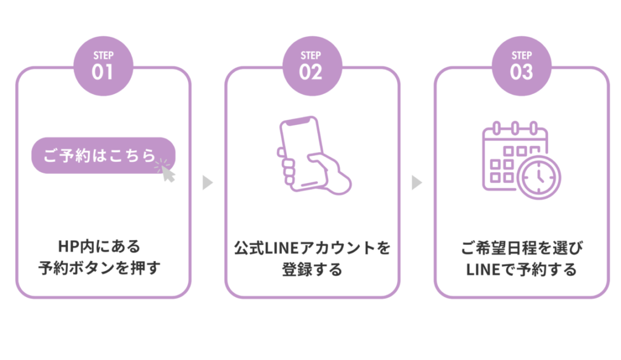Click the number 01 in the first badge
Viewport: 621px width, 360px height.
click(102, 73)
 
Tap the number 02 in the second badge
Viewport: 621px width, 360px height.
click(310, 73)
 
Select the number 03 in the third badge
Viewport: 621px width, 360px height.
click(521, 73)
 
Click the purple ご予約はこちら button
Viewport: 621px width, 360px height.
click(100, 156)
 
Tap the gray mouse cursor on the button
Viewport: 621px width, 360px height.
click(167, 173)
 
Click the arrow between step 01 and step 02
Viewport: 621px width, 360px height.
click(207, 182)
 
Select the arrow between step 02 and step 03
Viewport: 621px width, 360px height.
click(417, 182)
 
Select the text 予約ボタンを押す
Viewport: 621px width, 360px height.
click(99, 268)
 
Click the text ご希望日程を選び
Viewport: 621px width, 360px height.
click(521, 248)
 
